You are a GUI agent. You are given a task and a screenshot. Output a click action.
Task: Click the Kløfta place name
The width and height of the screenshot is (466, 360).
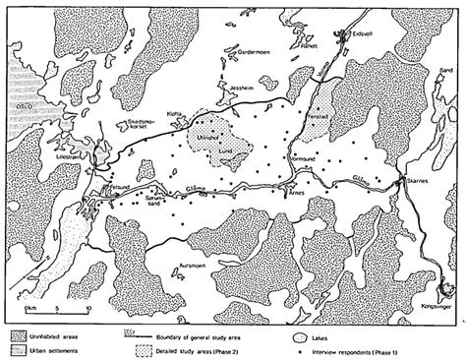pos(178,112)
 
